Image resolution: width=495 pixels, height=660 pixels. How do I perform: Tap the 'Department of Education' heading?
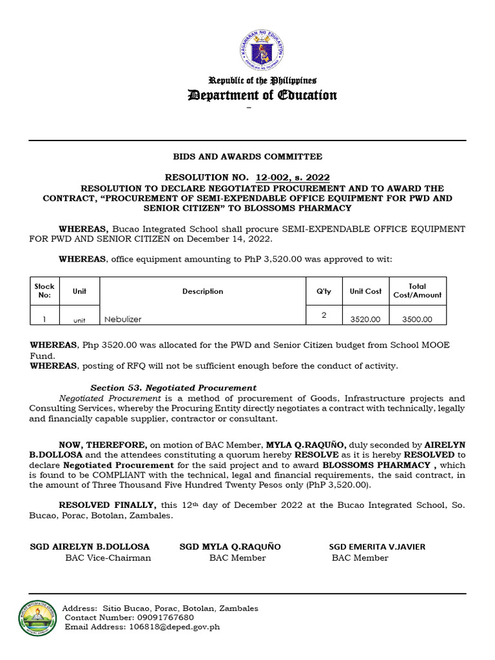[x=262, y=95]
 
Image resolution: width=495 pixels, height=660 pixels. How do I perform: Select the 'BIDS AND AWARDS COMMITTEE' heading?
[x=247, y=157]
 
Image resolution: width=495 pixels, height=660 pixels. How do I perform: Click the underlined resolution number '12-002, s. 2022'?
[x=293, y=177]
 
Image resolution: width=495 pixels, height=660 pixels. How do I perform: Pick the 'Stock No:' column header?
[x=44, y=291]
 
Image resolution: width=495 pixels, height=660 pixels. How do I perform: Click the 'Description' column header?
[x=202, y=291]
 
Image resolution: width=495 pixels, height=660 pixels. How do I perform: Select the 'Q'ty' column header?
[x=324, y=291]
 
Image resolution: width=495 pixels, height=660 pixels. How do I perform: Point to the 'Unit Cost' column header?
[x=365, y=291]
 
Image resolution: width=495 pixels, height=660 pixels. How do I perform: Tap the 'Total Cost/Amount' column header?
[x=418, y=291]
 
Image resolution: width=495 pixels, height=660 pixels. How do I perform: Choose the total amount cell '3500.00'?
[x=418, y=319]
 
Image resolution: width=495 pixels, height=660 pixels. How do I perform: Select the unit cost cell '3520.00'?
[x=365, y=319]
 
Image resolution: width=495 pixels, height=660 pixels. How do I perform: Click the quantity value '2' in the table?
[x=324, y=315]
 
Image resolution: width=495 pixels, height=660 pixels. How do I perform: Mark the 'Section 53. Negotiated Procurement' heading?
[x=173, y=388]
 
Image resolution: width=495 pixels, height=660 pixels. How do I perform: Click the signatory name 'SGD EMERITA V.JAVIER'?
[x=377, y=547]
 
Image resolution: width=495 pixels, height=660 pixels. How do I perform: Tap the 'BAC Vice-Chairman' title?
[x=108, y=558]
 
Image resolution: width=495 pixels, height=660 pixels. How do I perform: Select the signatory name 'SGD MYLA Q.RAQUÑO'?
[x=230, y=547]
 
